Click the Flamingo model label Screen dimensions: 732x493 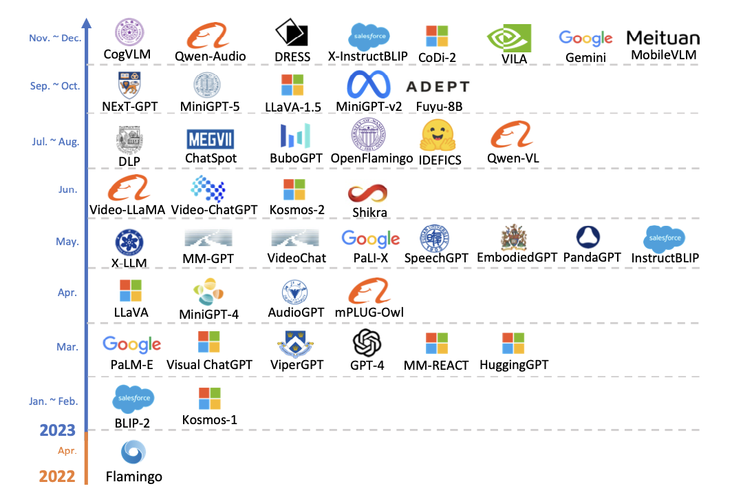coord(134,476)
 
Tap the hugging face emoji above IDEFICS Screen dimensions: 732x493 coord(438,134)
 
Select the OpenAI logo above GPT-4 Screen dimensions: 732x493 coord(367,342)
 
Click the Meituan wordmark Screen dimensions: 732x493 coord(663,38)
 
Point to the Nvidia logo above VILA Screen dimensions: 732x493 coord(509,38)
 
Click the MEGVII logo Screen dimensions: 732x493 coord(211,139)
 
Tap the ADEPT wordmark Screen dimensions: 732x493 coord(438,87)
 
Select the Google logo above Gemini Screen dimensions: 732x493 coord(585,39)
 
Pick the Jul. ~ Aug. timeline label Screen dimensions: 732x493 coord(56,142)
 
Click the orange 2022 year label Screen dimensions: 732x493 coord(57,476)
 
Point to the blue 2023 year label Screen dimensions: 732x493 coord(57,430)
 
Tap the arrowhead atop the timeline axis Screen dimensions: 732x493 coord(87,23)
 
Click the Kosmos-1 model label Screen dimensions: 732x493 coord(210,419)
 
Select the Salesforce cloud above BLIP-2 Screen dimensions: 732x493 coord(133,399)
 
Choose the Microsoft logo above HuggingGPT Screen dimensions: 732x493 coord(513,343)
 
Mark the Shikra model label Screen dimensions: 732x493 coord(369,213)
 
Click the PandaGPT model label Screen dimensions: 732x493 coord(592,258)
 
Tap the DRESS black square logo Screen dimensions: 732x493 coord(291,33)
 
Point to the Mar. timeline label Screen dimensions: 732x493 coord(67,347)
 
